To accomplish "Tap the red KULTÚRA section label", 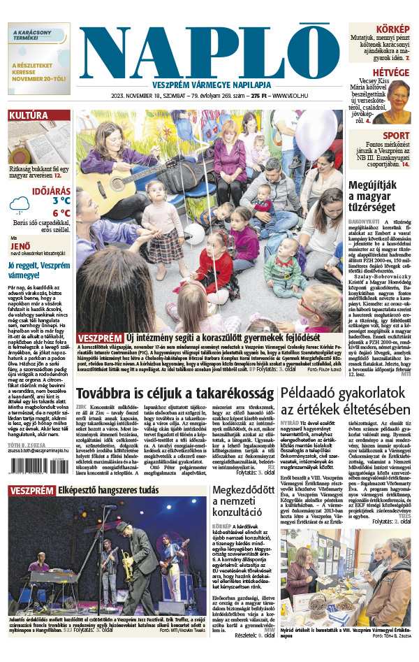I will point(29,115).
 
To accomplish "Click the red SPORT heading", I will point(395,136).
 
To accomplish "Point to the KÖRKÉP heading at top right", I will point(392,29).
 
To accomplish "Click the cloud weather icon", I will point(20,204).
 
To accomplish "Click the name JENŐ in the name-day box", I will point(21,246).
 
